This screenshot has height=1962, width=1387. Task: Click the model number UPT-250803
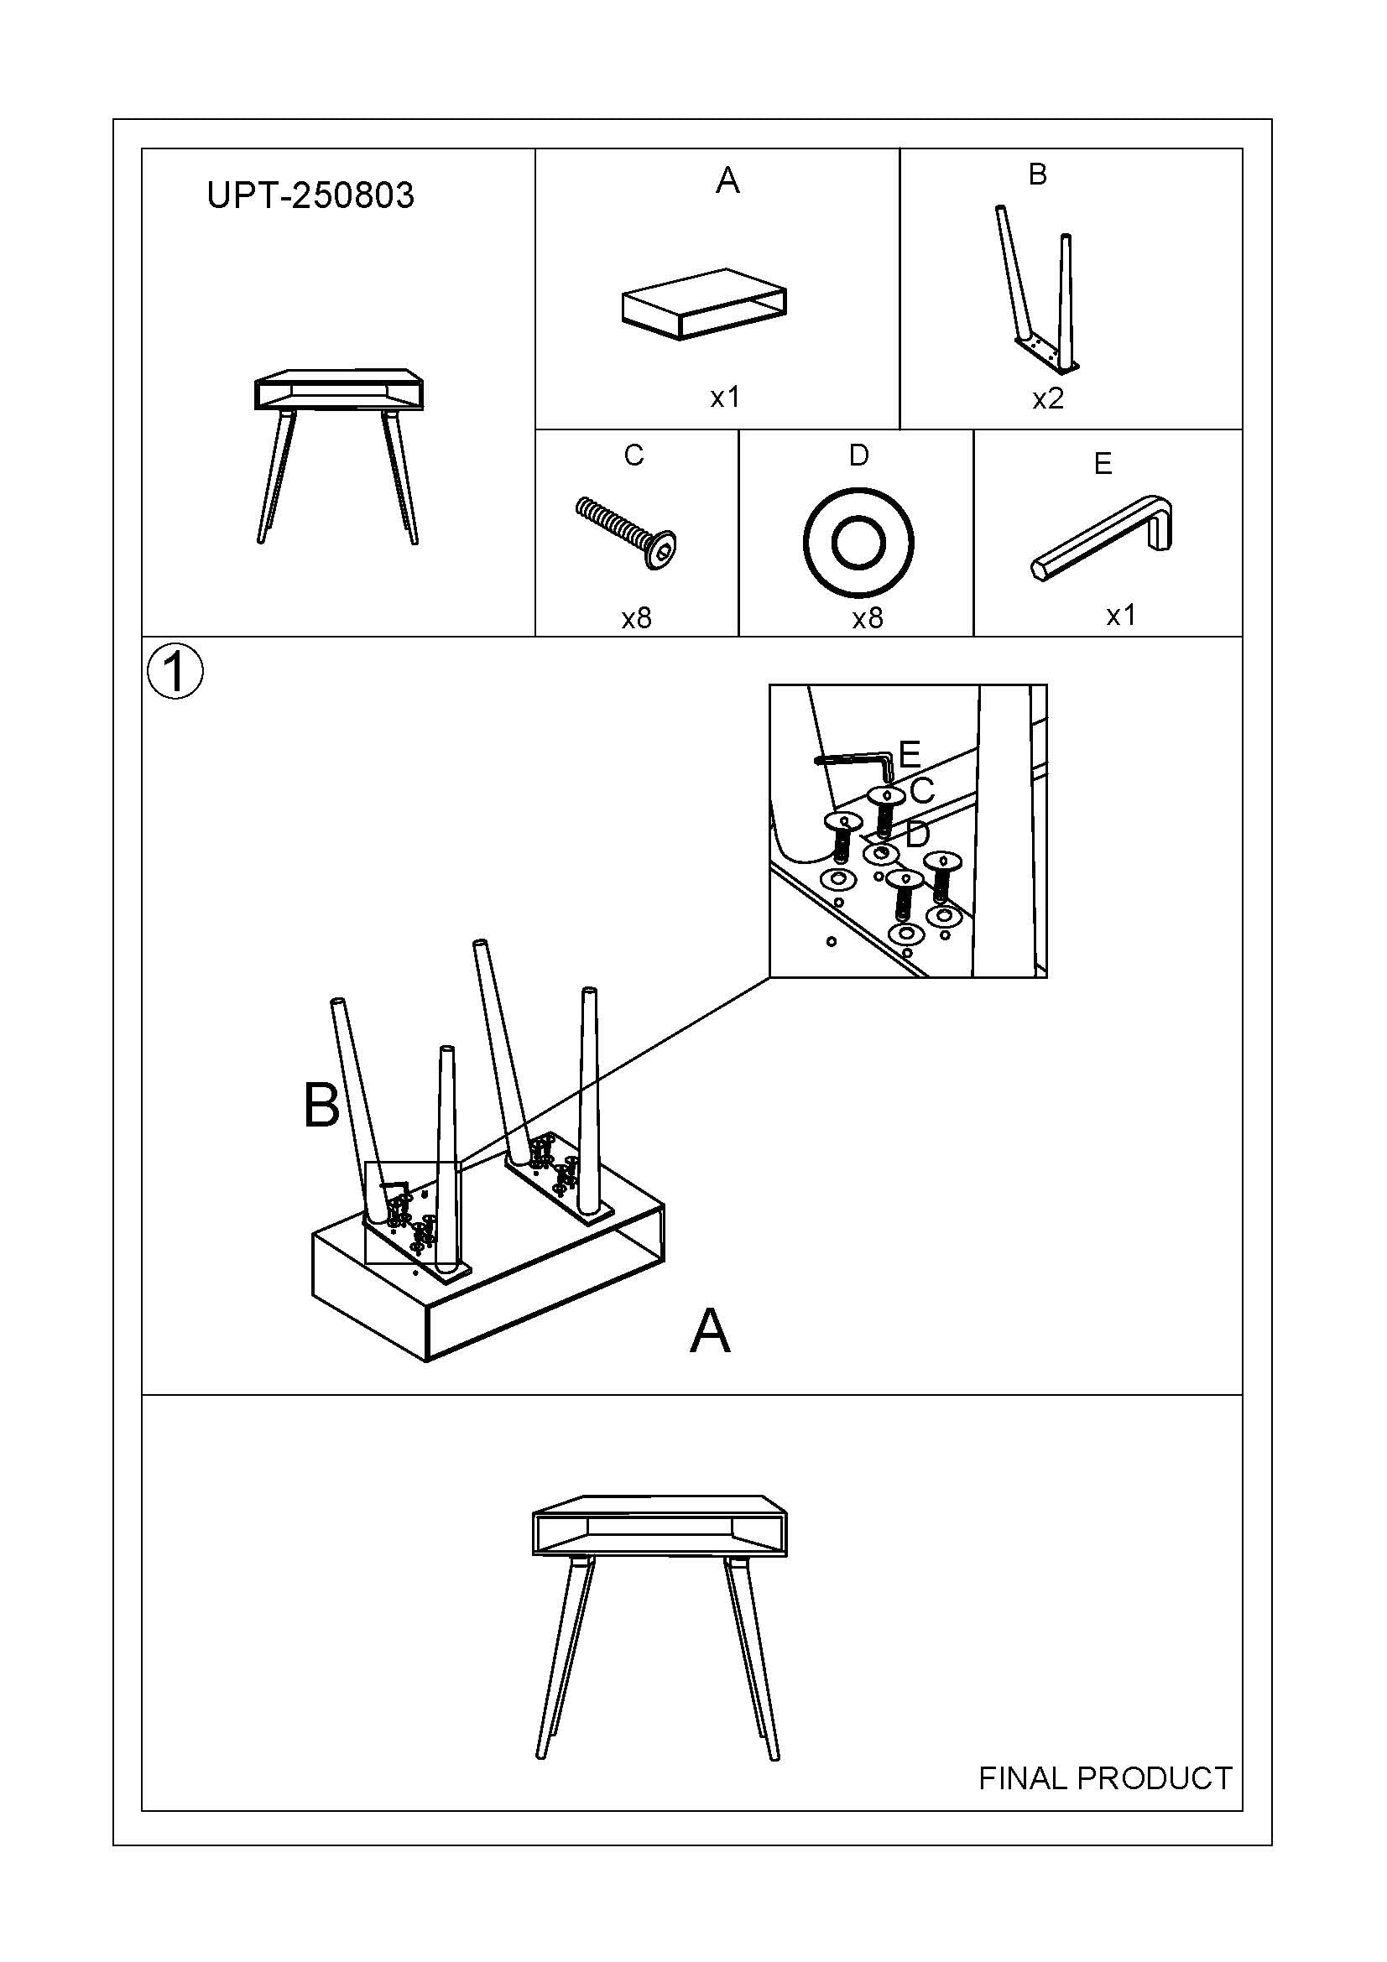pyautogui.click(x=310, y=195)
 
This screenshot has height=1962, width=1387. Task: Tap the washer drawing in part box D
pyautogui.click(x=858, y=542)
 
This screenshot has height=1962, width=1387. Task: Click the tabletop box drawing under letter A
pyautogui.click(x=703, y=304)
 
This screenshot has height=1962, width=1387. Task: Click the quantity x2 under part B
pyautogui.click(x=1048, y=399)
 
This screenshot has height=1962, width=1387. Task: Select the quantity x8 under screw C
pyautogui.click(x=637, y=618)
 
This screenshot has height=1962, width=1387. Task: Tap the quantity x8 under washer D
pyautogui.click(x=868, y=618)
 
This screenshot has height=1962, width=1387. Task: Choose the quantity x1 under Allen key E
pyautogui.click(x=1120, y=615)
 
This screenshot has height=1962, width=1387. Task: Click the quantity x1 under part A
pyautogui.click(x=725, y=398)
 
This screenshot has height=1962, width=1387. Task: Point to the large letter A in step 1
pyautogui.click(x=709, y=1331)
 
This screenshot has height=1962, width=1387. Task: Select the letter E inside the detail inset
pyautogui.click(x=910, y=754)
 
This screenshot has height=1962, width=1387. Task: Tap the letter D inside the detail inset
pyautogui.click(x=916, y=834)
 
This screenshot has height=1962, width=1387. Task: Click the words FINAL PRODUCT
pyautogui.click(x=1104, y=1778)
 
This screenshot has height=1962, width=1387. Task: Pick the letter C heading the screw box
pyautogui.click(x=634, y=455)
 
